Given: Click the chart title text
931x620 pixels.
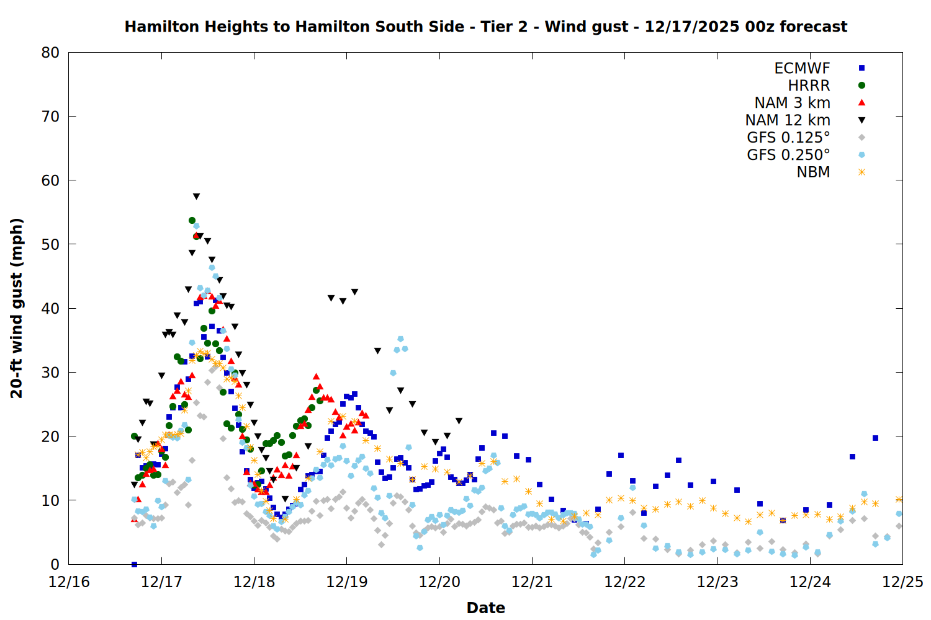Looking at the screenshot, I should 485,27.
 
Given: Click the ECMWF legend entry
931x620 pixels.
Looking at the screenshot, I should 802,68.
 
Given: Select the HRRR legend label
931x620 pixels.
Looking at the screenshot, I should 809,86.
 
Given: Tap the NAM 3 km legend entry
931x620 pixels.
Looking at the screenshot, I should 792,103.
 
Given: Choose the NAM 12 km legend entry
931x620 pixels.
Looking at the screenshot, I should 788,120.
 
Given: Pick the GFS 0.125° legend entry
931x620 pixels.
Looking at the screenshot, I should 788,138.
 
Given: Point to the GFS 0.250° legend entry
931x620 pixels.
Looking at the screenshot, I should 788,155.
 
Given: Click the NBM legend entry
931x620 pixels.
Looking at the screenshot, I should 813,172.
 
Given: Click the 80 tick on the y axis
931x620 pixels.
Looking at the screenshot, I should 50,53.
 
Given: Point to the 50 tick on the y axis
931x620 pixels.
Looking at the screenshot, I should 50,244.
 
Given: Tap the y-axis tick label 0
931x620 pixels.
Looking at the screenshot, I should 55,564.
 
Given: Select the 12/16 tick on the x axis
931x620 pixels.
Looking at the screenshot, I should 69,582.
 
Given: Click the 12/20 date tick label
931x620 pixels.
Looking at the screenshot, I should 439,582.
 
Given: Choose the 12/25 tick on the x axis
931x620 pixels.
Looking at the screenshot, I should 902,582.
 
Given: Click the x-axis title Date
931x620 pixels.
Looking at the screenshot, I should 485,608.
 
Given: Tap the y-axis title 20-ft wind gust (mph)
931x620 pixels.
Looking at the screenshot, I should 17,308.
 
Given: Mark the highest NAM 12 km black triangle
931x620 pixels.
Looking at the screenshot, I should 196,197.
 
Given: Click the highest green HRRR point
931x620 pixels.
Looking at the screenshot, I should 192,220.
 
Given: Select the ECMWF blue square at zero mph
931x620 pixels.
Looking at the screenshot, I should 134,564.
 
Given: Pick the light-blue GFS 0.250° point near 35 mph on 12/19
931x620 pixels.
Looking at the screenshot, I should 400,339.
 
